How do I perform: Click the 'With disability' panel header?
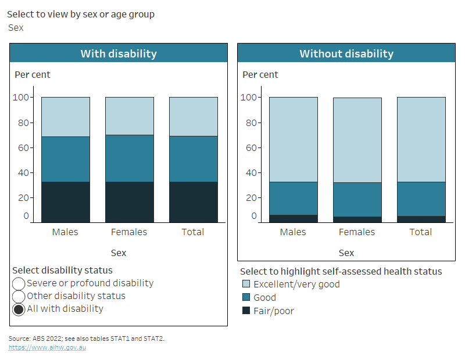click(x=119, y=54)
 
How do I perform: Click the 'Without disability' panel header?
click(x=346, y=54)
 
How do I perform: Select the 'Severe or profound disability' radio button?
click(x=19, y=283)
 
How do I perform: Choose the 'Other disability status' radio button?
click(x=19, y=296)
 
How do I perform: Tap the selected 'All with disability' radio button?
click(x=19, y=309)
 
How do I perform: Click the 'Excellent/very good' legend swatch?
click(x=246, y=285)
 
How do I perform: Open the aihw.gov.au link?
click(x=47, y=347)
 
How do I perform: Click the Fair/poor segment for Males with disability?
click(x=65, y=202)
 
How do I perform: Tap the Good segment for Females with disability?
click(x=129, y=159)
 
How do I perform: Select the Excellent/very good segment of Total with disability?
click(x=193, y=117)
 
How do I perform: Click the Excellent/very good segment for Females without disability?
click(x=357, y=140)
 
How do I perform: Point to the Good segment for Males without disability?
click(x=293, y=198)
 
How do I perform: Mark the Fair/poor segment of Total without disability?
click(x=421, y=219)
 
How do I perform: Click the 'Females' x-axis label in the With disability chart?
click(x=129, y=232)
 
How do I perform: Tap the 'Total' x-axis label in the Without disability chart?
click(x=421, y=232)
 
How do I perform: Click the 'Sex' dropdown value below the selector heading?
click(x=16, y=27)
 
